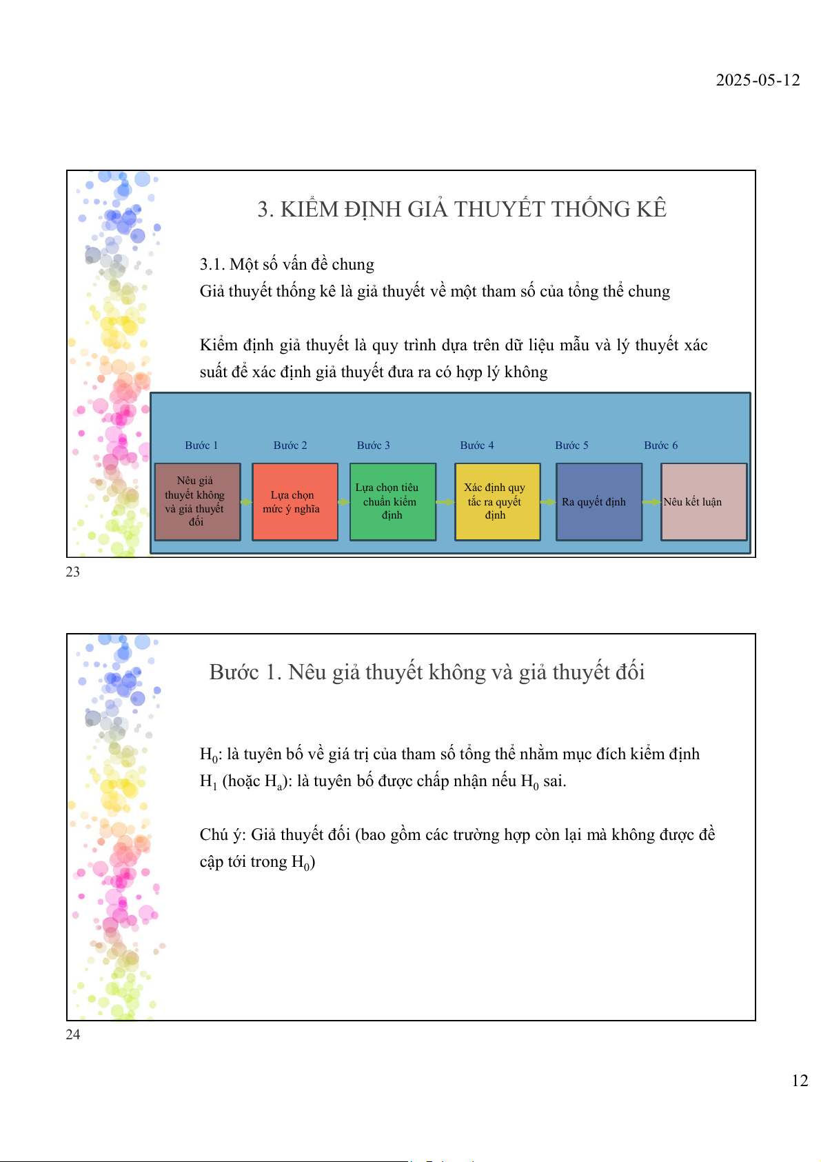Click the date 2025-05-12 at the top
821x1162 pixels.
click(758, 80)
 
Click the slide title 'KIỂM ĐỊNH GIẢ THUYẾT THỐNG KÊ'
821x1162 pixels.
click(462, 209)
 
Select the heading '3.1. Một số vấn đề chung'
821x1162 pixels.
click(287, 264)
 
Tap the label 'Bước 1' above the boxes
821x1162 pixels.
click(201, 445)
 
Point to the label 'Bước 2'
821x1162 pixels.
click(290, 445)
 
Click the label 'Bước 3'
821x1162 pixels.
click(374, 445)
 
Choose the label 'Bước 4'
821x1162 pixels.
click(477, 445)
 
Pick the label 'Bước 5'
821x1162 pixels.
click(571, 445)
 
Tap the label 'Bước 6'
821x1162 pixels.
click(660, 445)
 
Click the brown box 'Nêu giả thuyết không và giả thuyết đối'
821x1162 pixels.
click(198, 501)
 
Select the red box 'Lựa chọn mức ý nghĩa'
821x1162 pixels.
click(295, 501)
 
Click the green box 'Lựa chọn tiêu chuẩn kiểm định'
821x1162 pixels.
click(393, 501)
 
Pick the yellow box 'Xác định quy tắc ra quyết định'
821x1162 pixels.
click(497, 501)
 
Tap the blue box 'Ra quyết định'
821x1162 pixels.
click(598, 501)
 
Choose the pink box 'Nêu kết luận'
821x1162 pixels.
click(704, 501)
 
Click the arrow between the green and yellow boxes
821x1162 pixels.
click(445, 502)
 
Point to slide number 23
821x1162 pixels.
click(72, 572)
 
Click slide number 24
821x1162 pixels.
click(72, 1034)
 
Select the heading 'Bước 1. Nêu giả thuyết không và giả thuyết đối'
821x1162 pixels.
click(427, 672)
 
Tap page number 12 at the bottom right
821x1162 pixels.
click(800, 1081)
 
